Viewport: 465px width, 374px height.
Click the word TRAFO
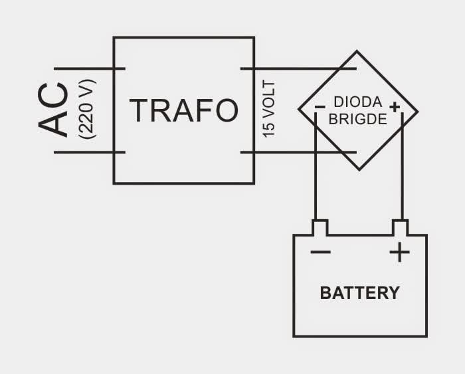[184, 110]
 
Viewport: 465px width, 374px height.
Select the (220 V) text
[86, 110]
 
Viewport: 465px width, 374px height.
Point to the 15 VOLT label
[269, 110]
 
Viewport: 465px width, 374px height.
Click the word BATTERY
[360, 293]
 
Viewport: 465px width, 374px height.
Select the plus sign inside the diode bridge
[395, 107]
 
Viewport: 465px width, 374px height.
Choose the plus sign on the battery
[399, 252]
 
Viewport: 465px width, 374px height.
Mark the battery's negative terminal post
[320, 228]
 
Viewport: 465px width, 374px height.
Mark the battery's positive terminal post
[399, 228]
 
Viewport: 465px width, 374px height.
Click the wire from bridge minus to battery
[316, 179]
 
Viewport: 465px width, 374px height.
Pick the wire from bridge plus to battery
[403, 179]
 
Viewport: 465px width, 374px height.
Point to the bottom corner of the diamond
[357, 169]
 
